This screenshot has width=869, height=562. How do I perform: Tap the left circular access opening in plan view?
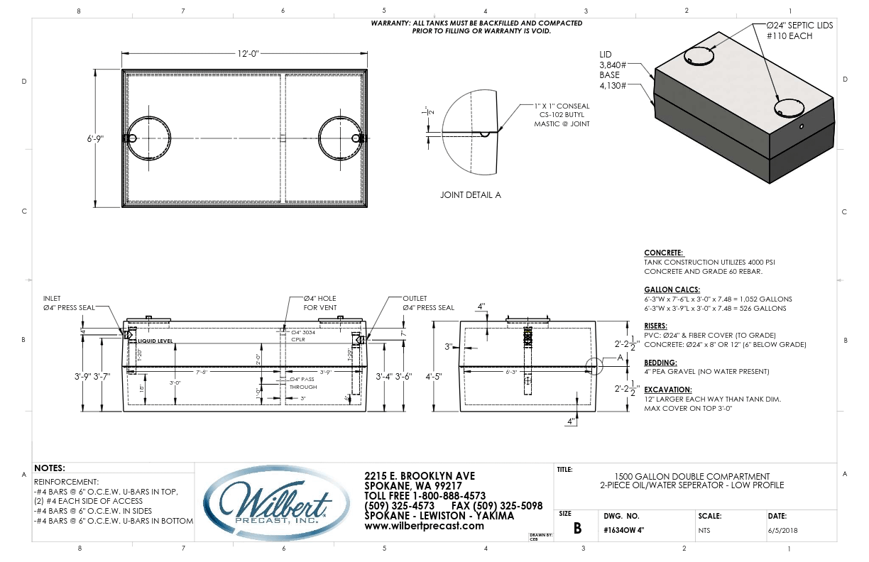tap(150, 138)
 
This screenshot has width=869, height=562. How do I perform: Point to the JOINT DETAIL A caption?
tap(470, 194)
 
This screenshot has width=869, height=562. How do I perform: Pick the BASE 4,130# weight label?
tap(612, 80)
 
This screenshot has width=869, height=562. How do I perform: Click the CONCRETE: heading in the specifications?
tap(663, 253)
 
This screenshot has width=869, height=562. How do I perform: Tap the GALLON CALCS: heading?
tap(672, 290)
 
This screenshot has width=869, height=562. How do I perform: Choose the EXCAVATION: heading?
tap(667, 390)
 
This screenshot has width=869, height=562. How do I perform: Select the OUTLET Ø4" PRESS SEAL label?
tap(427, 303)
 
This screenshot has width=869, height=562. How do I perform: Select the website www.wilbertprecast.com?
tap(424, 526)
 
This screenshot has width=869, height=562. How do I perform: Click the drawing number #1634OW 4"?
tap(625, 529)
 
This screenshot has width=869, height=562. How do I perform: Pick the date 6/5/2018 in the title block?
tap(781, 529)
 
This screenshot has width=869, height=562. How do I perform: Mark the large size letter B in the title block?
tap(577, 529)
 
